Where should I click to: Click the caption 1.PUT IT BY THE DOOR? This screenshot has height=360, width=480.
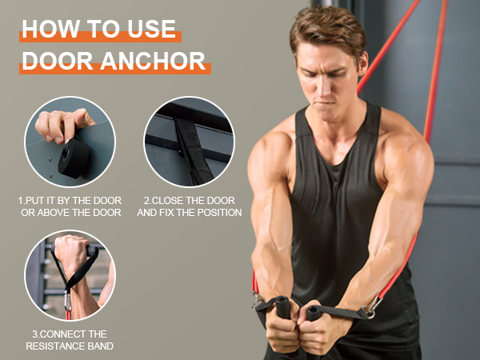[70, 200]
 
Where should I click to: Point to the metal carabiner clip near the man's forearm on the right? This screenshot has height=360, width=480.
[370, 308]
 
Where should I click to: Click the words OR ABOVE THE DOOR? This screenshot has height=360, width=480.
[70, 213]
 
